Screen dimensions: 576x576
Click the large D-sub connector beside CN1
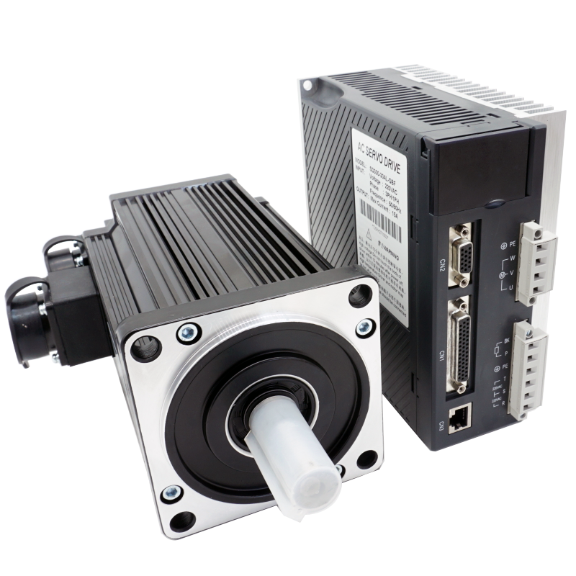click(x=462, y=346)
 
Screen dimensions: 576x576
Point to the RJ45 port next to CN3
click(x=459, y=420)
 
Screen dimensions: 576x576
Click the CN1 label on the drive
click(x=442, y=356)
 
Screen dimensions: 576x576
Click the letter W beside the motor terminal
click(x=512, y=257)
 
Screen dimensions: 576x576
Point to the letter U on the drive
click(x=510, y=289)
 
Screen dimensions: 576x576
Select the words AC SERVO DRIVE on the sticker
click(x=379, y=156)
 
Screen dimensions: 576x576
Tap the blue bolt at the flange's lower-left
click(x=170, y=494)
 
